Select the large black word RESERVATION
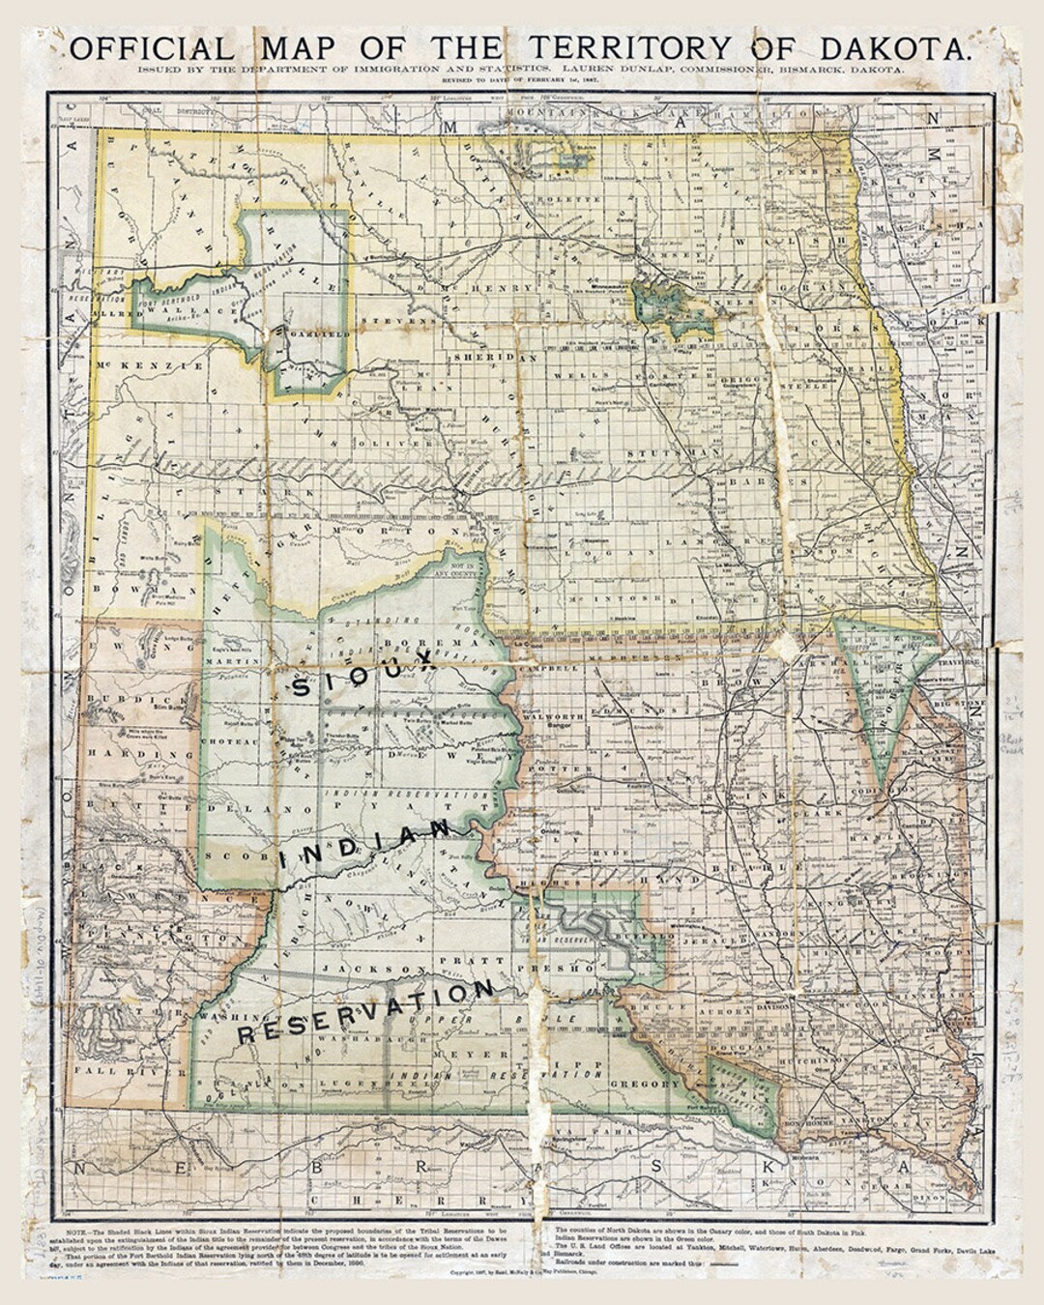(367, 1013)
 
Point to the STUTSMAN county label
(660, 451)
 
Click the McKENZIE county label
(150, 366)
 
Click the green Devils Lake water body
(667, 304)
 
